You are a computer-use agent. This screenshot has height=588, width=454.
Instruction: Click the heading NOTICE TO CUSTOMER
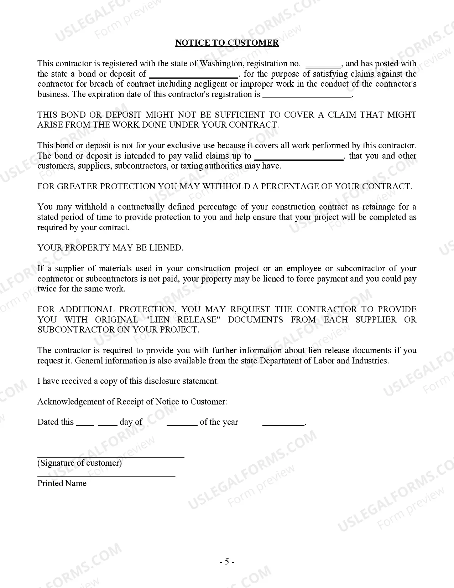[x=227, y=43]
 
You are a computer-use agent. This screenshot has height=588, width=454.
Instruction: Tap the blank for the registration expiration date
[x=307, y=96]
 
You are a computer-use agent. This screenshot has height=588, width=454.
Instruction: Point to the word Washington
[x=221, y=63]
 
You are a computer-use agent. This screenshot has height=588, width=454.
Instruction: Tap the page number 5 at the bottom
[x=227, y=562]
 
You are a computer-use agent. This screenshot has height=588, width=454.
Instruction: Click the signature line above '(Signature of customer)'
[x=111, y=457]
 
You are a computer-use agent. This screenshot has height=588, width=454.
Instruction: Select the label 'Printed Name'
[x=62, y=483]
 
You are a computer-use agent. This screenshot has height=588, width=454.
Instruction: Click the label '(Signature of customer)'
[x=80, y=463]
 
